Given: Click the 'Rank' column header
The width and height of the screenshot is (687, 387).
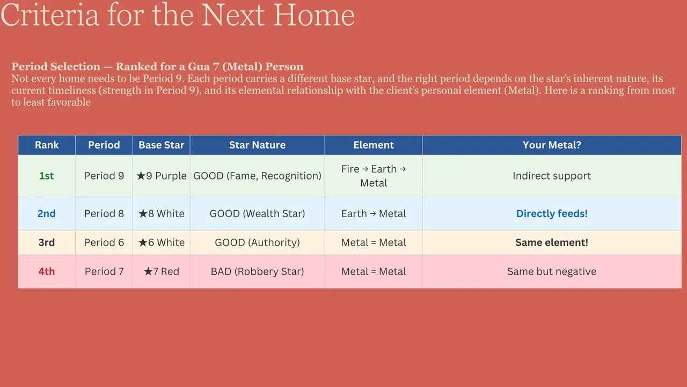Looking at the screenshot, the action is [47, 145].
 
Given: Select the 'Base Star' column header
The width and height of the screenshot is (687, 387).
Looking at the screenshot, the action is [162, 145].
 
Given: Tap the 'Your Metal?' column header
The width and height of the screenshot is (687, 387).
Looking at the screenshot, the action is [552, 145].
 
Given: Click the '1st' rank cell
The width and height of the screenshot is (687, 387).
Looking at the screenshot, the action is [47, 176].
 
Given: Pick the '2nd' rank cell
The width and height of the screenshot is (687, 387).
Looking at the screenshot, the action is [47, 213].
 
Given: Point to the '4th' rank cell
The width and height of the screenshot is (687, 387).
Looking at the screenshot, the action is [47, 271].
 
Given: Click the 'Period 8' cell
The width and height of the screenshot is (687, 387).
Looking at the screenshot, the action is [104, 213].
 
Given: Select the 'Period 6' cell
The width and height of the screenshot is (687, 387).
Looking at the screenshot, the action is [104, 242].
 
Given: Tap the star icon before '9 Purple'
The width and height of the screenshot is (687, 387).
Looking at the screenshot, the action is [141, 176].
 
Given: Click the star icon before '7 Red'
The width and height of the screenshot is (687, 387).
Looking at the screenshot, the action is [148, 271].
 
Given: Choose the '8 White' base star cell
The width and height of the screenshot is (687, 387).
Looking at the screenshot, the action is [162, 213].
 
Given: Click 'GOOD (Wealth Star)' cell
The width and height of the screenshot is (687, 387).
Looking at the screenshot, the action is [257, 213].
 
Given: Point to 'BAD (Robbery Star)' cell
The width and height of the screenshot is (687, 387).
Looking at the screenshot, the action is [257, 271].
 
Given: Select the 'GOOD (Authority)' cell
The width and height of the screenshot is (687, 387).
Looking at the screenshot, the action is [257, 242].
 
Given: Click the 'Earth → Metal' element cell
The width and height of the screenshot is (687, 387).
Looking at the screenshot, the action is [374, 213].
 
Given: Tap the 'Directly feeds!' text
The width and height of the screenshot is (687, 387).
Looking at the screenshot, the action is [552, 213].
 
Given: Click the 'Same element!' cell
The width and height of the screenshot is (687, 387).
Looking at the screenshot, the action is [552, 242].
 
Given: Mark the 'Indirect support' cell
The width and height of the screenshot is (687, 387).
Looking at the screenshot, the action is [552, 176].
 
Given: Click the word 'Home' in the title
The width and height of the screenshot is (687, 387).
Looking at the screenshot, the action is [314, 16].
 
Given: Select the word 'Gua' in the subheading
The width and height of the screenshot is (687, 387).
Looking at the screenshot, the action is [199, 67].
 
